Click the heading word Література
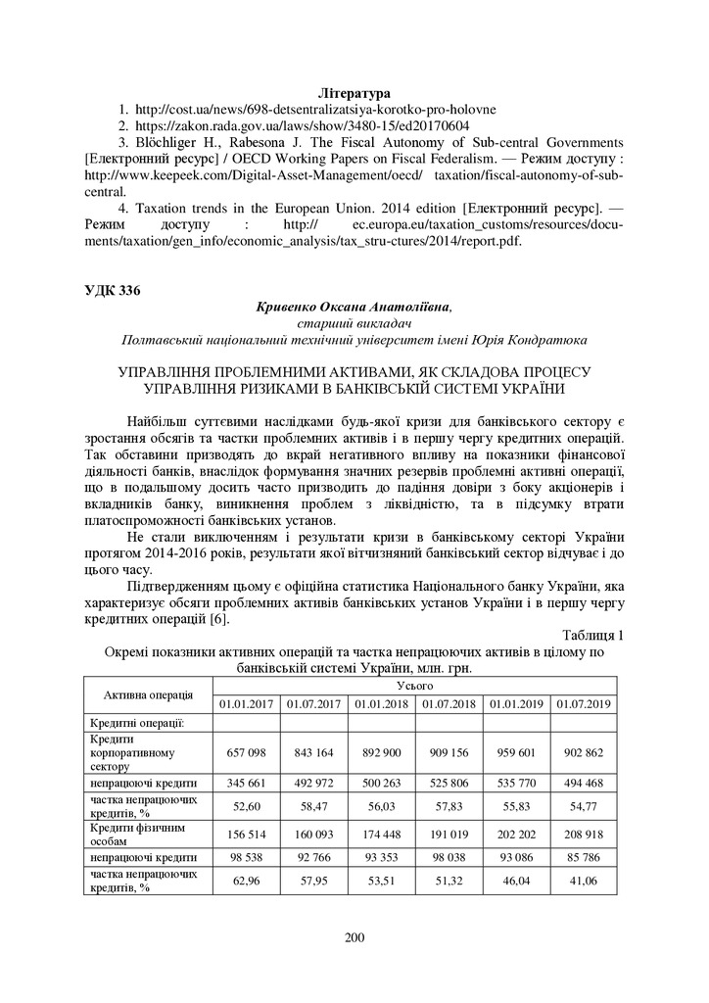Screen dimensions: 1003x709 click(354, 92)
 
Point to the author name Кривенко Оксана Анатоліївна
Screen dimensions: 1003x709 click(354, 307)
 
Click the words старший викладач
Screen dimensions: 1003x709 click(354, 323)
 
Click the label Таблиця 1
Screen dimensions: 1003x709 click(592, 635)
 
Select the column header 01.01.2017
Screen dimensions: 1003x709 click(246, 703)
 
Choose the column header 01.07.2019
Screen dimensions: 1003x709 click(583, 703)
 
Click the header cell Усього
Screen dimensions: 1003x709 click(414, 686)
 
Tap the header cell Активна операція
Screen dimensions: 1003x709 click(148, 694)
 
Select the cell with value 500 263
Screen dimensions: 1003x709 click(381, 784)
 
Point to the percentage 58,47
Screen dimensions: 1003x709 click(313, 806)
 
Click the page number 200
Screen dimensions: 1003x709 click(354, 938)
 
